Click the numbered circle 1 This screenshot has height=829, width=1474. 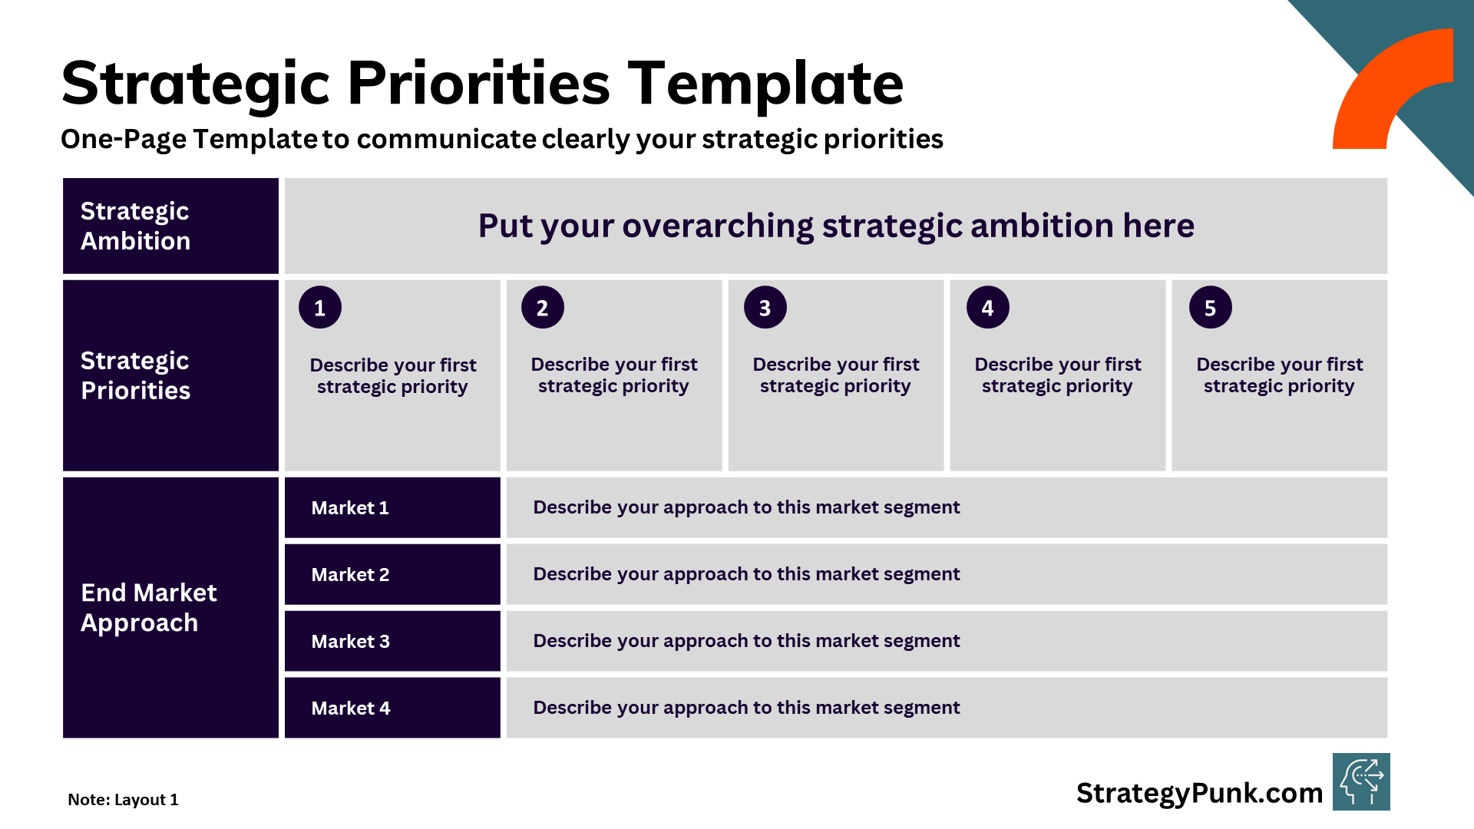pyautogui.click(x=320, y=308)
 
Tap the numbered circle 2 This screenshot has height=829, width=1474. pyautogui.click(x=542, y=308)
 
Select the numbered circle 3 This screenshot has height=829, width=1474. pyautogui.click(x=765, y=308)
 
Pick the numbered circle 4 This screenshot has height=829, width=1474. pyautogui.click(x=987, y=308)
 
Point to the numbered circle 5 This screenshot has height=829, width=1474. pyautogui.click(x=1210, y=308)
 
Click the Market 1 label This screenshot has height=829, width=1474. pyautogui.click(x=350, y=508)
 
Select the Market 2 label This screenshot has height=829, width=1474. pyautogui.click(x=350, y=575)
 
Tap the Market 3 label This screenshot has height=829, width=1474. pyautogui.click(x=350, y=642)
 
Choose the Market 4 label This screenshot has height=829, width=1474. pyautogui.click(x=350, y=708)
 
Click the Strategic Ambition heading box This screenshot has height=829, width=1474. pyautogui.click(x=170, y=226)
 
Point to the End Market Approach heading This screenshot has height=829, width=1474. pyautogui.click(x=149, y=607)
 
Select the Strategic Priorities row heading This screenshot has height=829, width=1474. pyautogui.click(x=136, y=375)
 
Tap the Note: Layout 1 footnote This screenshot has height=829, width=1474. pyautogui.click(x=123, y=800)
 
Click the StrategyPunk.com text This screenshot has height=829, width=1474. pyautogui.click(x=1199, y=793)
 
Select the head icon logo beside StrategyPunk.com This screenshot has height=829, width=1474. pyautogui.click(x=1361, y=782)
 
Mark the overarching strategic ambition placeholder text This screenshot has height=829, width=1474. pyautogui.click(x=835, y=226)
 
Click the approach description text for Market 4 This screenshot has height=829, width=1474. pyautogui.click(x=746, y=708)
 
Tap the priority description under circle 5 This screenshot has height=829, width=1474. pyautogui.click(x=1279, y=375)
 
